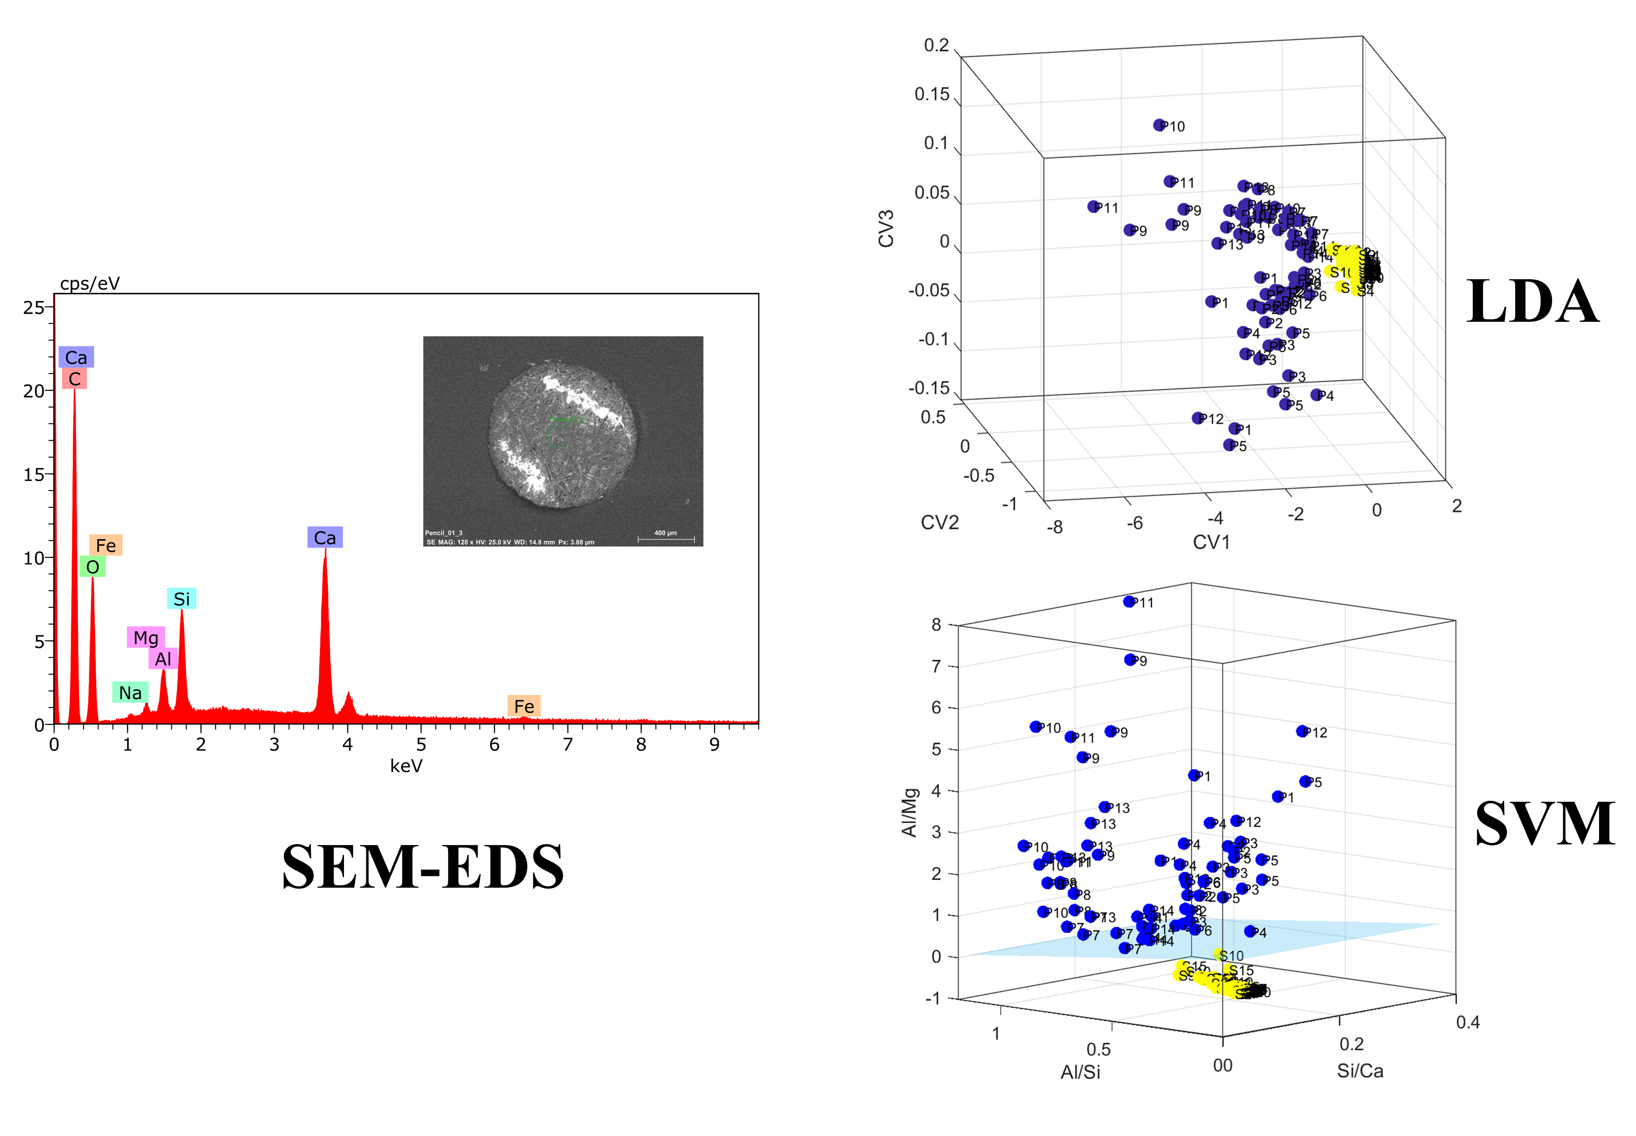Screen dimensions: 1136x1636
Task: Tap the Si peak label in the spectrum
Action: [x=182, y=599]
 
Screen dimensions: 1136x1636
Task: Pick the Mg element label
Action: [x=146, y=637]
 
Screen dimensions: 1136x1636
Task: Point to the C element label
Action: [x=75, y=379]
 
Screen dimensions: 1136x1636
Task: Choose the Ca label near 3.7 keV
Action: [x=324, y=537]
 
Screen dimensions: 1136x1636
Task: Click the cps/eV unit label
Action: [x=90, y=283]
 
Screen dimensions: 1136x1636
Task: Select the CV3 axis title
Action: [x=886, y=229]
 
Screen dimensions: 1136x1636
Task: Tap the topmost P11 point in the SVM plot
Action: [x=1129, y=601]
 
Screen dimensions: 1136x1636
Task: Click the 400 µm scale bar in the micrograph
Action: [x=666, y=539]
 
